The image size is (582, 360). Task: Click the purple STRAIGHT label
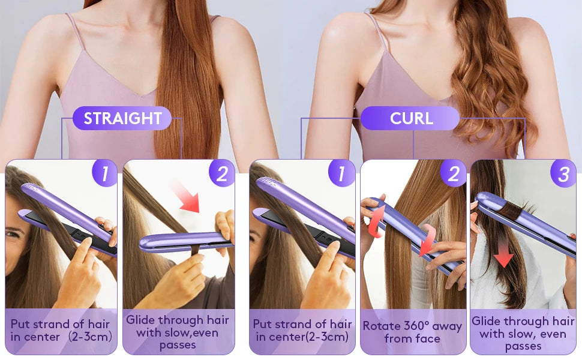pos(122,118)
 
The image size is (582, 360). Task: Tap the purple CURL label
pos(411,118)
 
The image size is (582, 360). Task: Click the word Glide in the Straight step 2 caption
pos(141,320)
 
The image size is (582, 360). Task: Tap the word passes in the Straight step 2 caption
pos(178,345)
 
